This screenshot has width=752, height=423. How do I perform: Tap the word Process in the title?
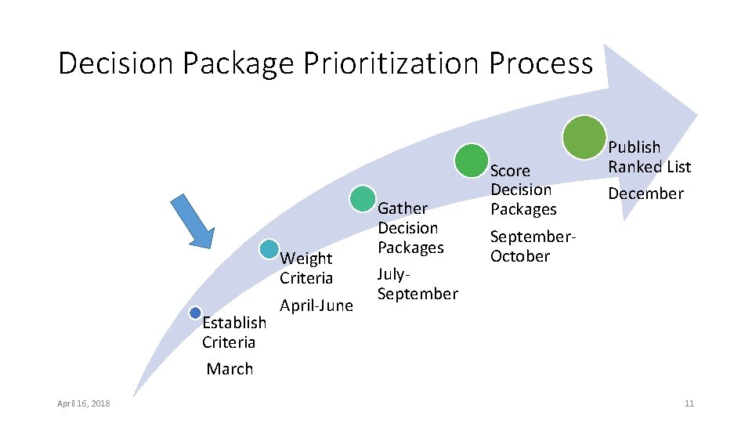(540, 63)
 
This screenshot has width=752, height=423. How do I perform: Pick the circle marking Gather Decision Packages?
(363, 198)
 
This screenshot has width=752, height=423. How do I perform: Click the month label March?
(230, 369)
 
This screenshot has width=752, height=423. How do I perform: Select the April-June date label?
(316, 305)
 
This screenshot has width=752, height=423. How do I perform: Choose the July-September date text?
(417, 284)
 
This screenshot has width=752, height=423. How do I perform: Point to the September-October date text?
(533, 246)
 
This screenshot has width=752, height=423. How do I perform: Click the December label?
(646, 193)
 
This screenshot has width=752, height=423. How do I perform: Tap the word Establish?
(233, 323)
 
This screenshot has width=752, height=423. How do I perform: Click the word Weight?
(306, 258)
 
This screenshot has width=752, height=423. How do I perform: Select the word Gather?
(403, 208)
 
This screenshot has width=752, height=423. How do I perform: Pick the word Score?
(510, 171)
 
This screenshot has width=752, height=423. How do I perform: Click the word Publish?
(634, 147)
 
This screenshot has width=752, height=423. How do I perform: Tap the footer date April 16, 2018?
(84, 403)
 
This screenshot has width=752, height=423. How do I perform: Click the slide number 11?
(689, 403)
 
